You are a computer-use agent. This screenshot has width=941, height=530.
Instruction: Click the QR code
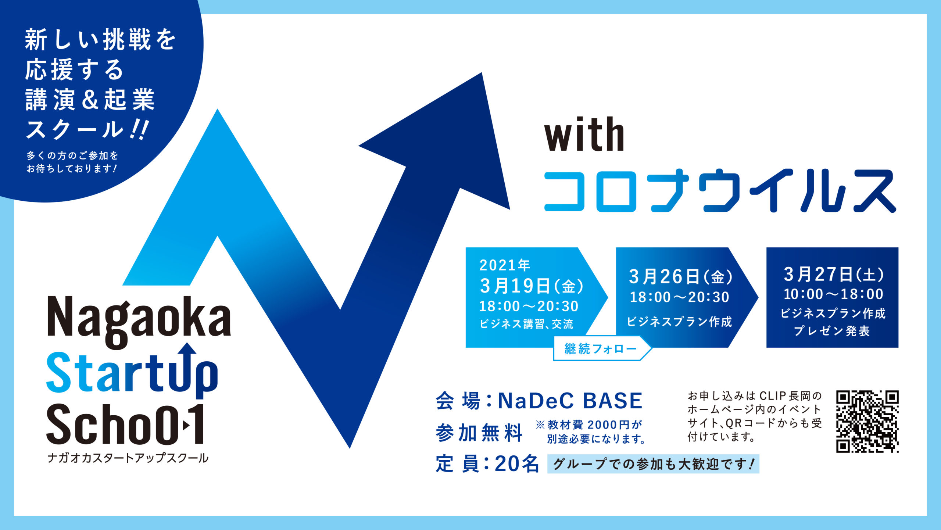867,421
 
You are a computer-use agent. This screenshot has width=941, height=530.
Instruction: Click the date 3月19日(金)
532,286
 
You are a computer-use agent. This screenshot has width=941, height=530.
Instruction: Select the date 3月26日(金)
681,276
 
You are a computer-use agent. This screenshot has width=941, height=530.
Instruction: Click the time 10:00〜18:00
833,294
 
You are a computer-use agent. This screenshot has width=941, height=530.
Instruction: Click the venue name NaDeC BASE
570,401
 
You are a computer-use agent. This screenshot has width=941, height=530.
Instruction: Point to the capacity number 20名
517,464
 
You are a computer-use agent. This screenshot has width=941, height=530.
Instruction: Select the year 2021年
505,265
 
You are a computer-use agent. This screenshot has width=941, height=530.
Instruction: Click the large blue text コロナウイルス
720,190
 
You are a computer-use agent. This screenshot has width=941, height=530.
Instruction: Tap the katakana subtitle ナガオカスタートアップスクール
128,458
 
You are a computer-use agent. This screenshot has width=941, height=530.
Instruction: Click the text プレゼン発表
832,331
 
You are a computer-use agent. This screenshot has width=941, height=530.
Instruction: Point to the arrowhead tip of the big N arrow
482,73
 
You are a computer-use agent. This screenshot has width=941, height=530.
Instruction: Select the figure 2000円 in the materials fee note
609,425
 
